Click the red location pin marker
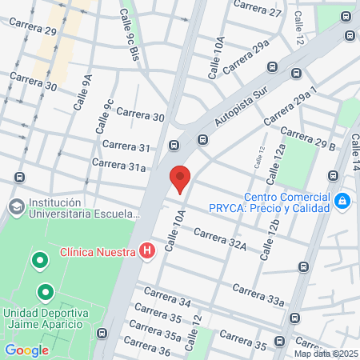[x=180, y=178]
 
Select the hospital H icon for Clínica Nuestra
[x=146, y=251]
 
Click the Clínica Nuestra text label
[x=98, y=251]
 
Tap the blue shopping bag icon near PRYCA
[x=342, y=200]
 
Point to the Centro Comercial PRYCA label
[x=286, y=202]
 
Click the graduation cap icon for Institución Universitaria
[x=15, y=207]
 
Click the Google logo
[x=26, y=350]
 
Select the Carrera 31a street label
[x=118, y=165]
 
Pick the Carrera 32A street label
[x=219, y=240]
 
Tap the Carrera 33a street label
[x=258, y=294]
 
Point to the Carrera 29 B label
[x=308, y=138]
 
